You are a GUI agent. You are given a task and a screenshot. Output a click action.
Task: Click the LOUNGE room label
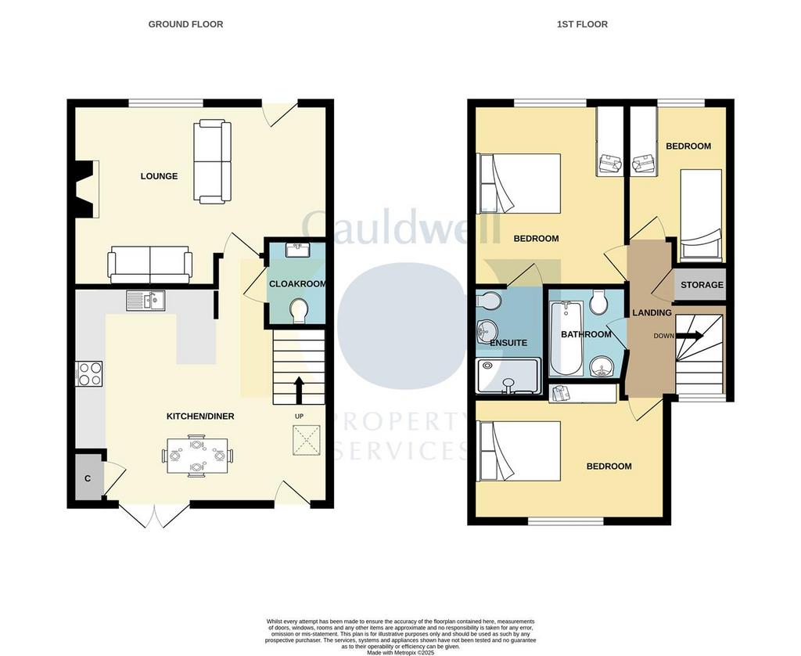pos(159,176)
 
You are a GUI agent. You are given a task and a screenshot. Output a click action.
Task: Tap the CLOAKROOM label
pos(297,284)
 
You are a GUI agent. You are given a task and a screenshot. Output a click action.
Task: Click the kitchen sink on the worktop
pos(145,301)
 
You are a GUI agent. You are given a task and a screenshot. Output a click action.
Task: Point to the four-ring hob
pos(89,373)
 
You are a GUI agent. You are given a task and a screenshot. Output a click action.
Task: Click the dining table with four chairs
pos(198,455)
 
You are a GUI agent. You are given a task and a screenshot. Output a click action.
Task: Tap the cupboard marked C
pos(88,479)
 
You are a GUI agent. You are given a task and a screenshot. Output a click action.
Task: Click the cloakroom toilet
pos(298,311)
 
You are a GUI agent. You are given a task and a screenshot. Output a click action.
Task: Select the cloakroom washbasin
pos(297,250)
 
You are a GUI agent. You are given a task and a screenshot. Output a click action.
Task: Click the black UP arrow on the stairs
pos(299,391)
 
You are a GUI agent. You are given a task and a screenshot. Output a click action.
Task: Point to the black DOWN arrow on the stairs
pos(690,336)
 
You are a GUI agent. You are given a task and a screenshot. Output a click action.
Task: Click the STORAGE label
pos(702,285)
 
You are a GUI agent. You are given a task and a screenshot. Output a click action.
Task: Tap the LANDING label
pos(652,313)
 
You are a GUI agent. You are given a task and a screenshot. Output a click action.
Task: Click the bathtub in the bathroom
pos(565,338)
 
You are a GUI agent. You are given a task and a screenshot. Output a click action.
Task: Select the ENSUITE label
pos(508,343)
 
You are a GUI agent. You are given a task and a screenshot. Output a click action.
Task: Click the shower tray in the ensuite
pos(508,376)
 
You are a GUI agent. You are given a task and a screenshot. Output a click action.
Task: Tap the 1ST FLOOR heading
pos(582,24)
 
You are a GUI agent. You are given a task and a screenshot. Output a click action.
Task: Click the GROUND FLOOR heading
pos(185,24)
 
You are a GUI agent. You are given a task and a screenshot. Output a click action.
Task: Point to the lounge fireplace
pos(86,189)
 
